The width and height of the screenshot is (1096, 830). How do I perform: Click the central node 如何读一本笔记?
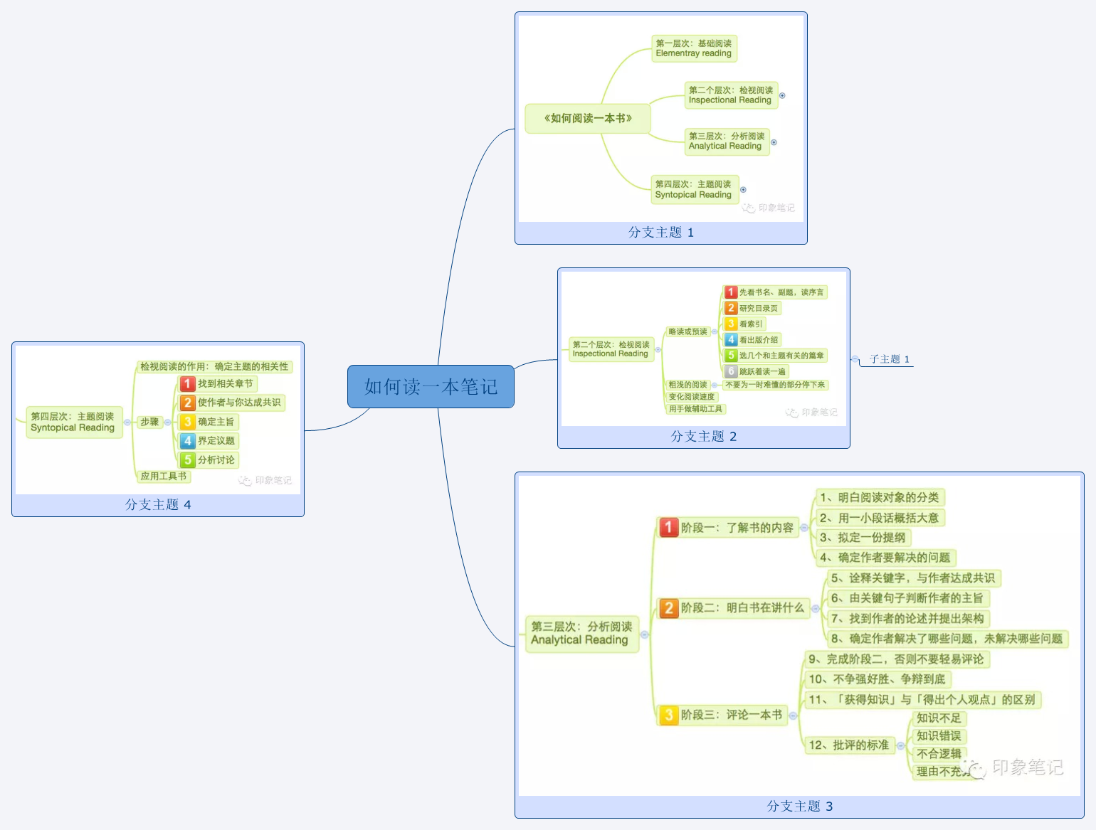(431, 386)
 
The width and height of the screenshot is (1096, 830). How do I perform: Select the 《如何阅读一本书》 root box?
(587, 119)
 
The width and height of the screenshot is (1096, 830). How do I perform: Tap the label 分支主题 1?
(660, 233)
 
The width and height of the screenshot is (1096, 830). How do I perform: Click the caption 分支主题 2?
(703, 437)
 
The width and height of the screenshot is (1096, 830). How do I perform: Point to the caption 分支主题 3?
(799, 806)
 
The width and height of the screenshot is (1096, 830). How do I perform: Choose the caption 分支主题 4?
(158, 505)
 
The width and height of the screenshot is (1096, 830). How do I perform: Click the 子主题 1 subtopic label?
(889, 359)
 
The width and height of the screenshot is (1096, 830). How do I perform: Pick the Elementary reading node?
(693, 48)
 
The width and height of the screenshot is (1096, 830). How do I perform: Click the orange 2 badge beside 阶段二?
(668, 608)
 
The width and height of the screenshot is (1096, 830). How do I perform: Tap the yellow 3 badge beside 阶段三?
(668, 715)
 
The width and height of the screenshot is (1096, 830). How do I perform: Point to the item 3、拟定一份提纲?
(863, 538)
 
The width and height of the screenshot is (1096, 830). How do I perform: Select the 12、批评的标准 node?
(848, 745)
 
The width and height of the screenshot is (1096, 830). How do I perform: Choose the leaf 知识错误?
(938, 736)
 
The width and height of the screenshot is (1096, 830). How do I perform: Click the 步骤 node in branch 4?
(149, 422)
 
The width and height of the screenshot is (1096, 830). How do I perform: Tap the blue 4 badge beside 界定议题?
(187, 441)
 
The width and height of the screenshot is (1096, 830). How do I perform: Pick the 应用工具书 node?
(163, 477)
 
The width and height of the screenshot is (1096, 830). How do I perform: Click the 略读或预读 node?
(687, 331)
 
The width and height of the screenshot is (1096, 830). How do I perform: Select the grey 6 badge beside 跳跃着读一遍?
(731, 371)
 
